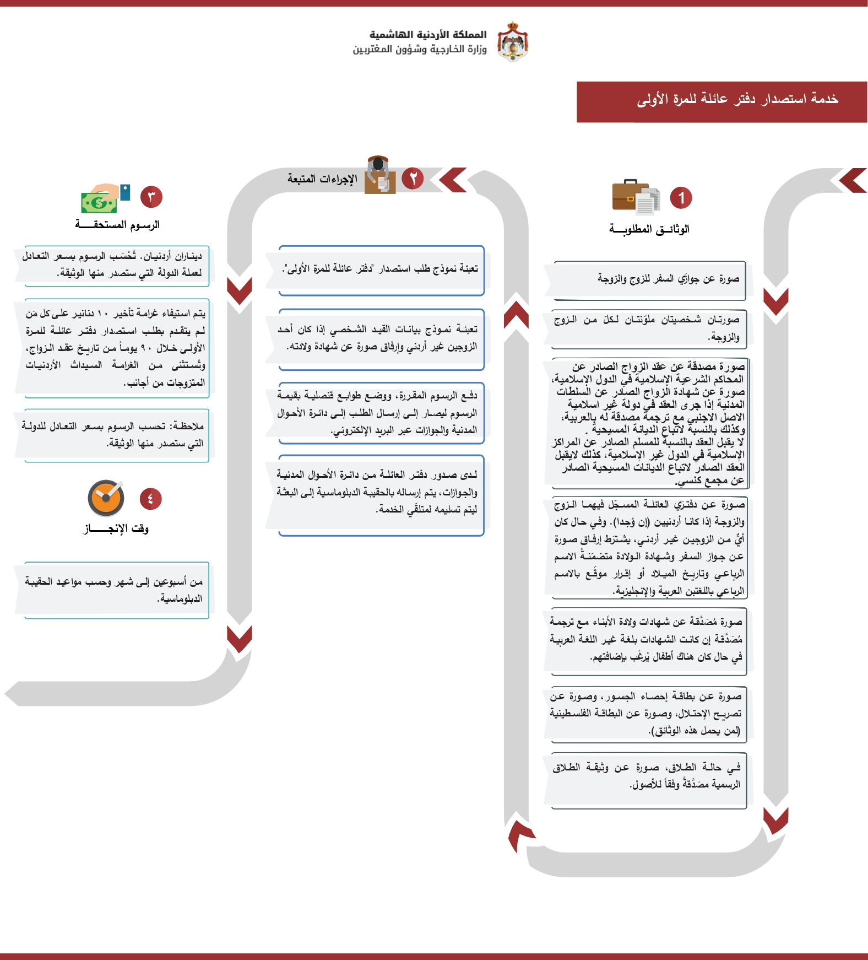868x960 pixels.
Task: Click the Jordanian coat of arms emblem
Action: point(512,41)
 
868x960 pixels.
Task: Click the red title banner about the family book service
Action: point(721,101)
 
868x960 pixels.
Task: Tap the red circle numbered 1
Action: point(681,198)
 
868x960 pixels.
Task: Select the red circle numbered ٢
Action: point(413,178)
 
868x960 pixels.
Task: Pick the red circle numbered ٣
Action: point(151,197)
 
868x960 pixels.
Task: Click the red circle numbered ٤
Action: point(150,499)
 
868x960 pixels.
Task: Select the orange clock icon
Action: point(106,498)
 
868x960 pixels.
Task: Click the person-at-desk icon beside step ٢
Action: point(380,175)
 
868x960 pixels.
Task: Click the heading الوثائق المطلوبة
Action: point(649,229)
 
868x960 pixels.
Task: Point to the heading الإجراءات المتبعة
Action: point(322,179)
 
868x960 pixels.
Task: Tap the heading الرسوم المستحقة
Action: point(117,224)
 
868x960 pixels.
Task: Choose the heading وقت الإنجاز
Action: point(116,528)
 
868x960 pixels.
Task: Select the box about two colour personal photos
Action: point(650,329)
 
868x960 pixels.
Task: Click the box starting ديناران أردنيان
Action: point(116,265)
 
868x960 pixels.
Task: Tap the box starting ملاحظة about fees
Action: point(116,435)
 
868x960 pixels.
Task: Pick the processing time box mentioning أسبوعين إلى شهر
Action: point(116,590)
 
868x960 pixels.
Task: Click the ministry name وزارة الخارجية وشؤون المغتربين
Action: point(420,49)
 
